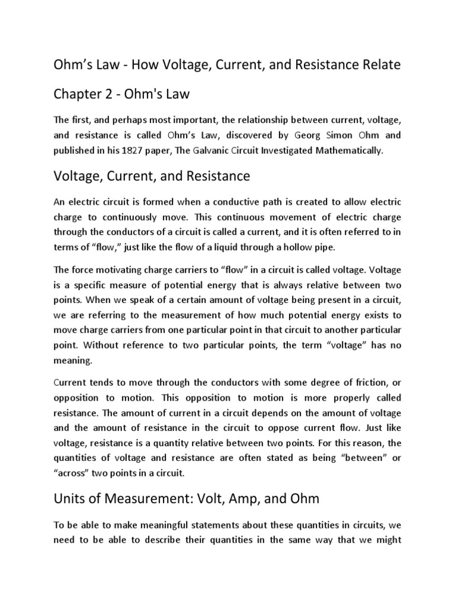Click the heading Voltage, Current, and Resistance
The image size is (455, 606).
tap(152, 177)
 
